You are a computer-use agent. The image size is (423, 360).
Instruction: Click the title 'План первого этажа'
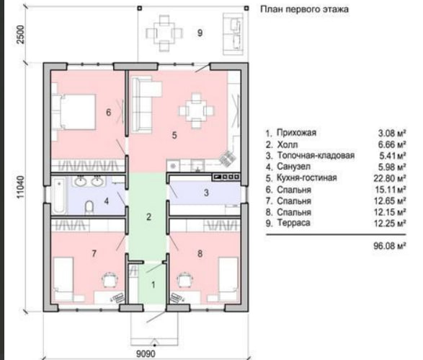[x=304, y=9]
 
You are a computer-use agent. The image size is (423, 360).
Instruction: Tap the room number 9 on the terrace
[x=200, y=33]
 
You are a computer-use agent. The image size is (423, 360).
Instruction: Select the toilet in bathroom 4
[x=89, y=207]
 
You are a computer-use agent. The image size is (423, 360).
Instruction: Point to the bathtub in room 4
[x=59, y=195]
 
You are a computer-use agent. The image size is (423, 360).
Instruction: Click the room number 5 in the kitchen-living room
[x=174, y=135]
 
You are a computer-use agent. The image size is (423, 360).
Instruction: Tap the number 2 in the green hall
[x=148, y=216]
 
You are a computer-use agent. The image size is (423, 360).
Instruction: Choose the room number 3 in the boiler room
[x=206, y=193]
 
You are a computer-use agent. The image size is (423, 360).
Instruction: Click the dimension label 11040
[x=21, y=187]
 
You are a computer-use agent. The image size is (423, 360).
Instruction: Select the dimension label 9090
[x=146, y=354]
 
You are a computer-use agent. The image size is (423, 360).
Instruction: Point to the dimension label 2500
[x=21, y=35]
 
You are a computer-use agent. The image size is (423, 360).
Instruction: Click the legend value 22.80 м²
[x=390, y=178]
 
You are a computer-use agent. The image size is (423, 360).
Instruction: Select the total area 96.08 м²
[x=390, y=246]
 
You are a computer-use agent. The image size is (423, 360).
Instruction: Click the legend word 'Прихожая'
[x=296, y=133]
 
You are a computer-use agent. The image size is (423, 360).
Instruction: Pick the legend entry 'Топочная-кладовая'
[x=316, y=155]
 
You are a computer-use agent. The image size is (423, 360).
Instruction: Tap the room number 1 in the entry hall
[x=153, y=285]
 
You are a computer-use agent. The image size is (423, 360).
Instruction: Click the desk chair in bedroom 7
[x=110, y=279]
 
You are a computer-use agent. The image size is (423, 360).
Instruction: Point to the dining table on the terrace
[x=164, y=33]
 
